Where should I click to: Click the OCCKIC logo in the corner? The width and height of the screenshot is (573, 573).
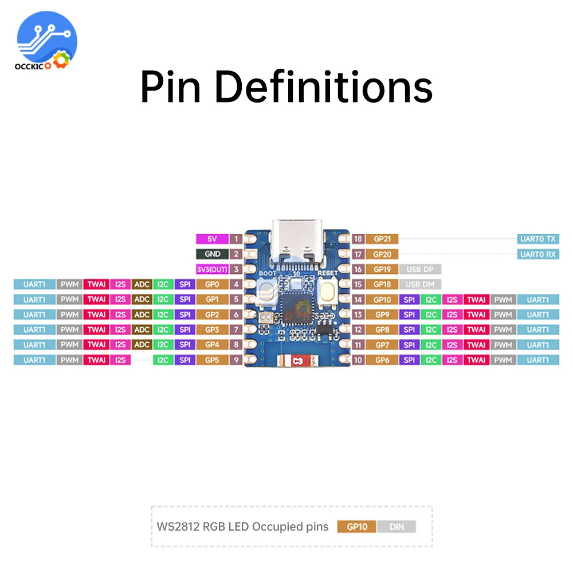[47, 42]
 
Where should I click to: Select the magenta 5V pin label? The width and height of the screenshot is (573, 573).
[211, 239]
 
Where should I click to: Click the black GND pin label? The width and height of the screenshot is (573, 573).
[211, 254]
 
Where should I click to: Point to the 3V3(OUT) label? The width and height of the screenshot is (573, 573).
[211, 269]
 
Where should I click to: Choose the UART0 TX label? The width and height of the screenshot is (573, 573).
[537, 239]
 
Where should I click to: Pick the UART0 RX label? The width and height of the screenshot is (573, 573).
[537, 254]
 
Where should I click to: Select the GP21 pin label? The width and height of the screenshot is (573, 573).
[382, 239]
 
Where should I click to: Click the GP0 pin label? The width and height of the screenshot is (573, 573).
[211, 284]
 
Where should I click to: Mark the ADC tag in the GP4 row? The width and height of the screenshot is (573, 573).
[141, 344]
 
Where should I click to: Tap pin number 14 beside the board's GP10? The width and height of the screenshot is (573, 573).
[358, 299]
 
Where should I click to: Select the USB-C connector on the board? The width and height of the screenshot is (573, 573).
[297, 241]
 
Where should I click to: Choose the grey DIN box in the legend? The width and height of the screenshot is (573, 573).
[395, 527]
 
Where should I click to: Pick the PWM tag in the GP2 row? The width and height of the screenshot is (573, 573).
[69, 315]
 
